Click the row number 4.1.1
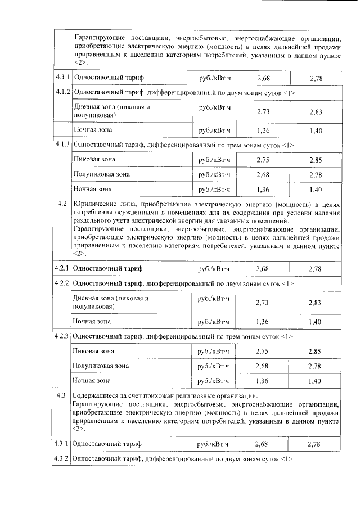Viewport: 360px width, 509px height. (62, 77)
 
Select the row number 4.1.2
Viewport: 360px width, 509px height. (62, 92)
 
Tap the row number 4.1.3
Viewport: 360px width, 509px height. (62, 145)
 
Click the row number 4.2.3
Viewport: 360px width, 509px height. (62, 336)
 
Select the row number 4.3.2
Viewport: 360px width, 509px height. (62, 459)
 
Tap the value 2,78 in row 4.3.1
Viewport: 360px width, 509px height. (315, 444)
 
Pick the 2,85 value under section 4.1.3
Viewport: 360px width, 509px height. (315, 160)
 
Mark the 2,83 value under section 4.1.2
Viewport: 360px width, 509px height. (315, 112)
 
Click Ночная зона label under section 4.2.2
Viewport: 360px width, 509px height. (92, 322)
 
